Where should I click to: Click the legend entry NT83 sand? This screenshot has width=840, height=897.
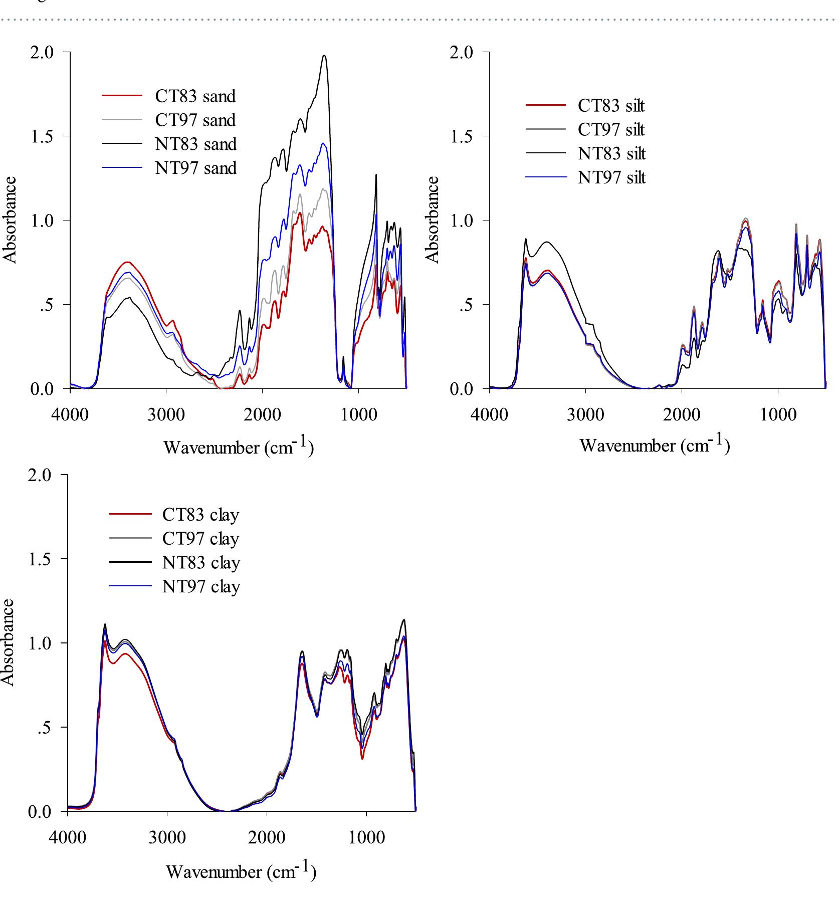click(195, 144)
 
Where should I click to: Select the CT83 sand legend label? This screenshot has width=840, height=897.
click(195, 96)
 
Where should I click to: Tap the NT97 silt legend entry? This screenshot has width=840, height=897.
click(611, 177)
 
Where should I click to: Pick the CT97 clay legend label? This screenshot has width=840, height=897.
click(200, 539)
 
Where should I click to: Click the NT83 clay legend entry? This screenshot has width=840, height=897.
click(200, 563)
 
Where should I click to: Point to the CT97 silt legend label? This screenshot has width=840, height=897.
click(611, 130)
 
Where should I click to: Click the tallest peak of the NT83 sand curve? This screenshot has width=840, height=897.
click(324, 56)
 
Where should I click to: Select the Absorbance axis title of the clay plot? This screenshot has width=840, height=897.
click(8, 642)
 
